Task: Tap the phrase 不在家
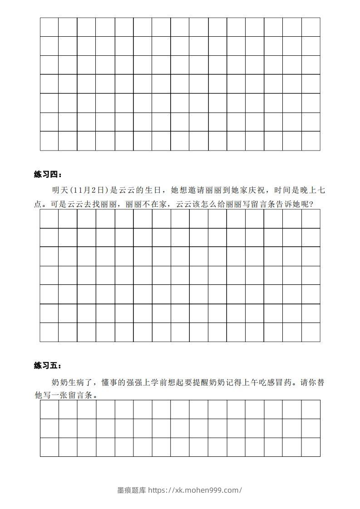[x=156, y=204]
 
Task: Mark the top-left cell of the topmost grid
[x=49, y=27]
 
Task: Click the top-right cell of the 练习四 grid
[x=311, y=219]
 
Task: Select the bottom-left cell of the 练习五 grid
[x=49, y=447]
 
